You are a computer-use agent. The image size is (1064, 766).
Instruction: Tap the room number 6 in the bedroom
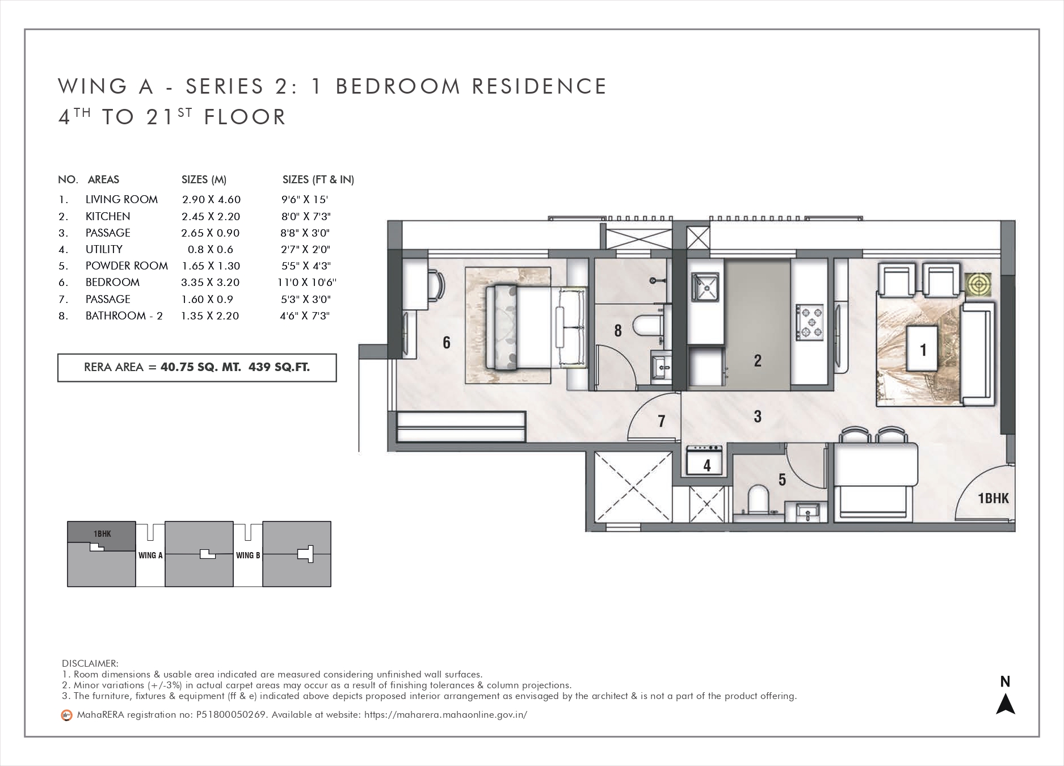447,342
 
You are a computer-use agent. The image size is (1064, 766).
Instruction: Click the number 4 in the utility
706,466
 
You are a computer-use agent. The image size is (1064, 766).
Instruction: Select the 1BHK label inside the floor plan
994,498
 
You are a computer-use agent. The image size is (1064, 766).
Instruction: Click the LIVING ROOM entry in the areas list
121,200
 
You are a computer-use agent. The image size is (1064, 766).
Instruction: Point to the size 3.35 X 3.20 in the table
210,283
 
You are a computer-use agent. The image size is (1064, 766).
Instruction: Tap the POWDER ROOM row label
127,266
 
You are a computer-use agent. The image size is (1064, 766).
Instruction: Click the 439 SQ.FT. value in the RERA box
279,367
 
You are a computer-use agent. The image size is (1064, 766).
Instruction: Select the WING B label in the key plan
248,555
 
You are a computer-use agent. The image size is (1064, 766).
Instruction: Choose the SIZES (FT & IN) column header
318,180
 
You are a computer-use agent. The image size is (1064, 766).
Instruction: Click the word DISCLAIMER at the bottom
90,663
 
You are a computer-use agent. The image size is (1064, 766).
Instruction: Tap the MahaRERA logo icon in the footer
66,715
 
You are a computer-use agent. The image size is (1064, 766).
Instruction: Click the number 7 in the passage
661,421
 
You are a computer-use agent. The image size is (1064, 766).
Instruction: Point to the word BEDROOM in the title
398,86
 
